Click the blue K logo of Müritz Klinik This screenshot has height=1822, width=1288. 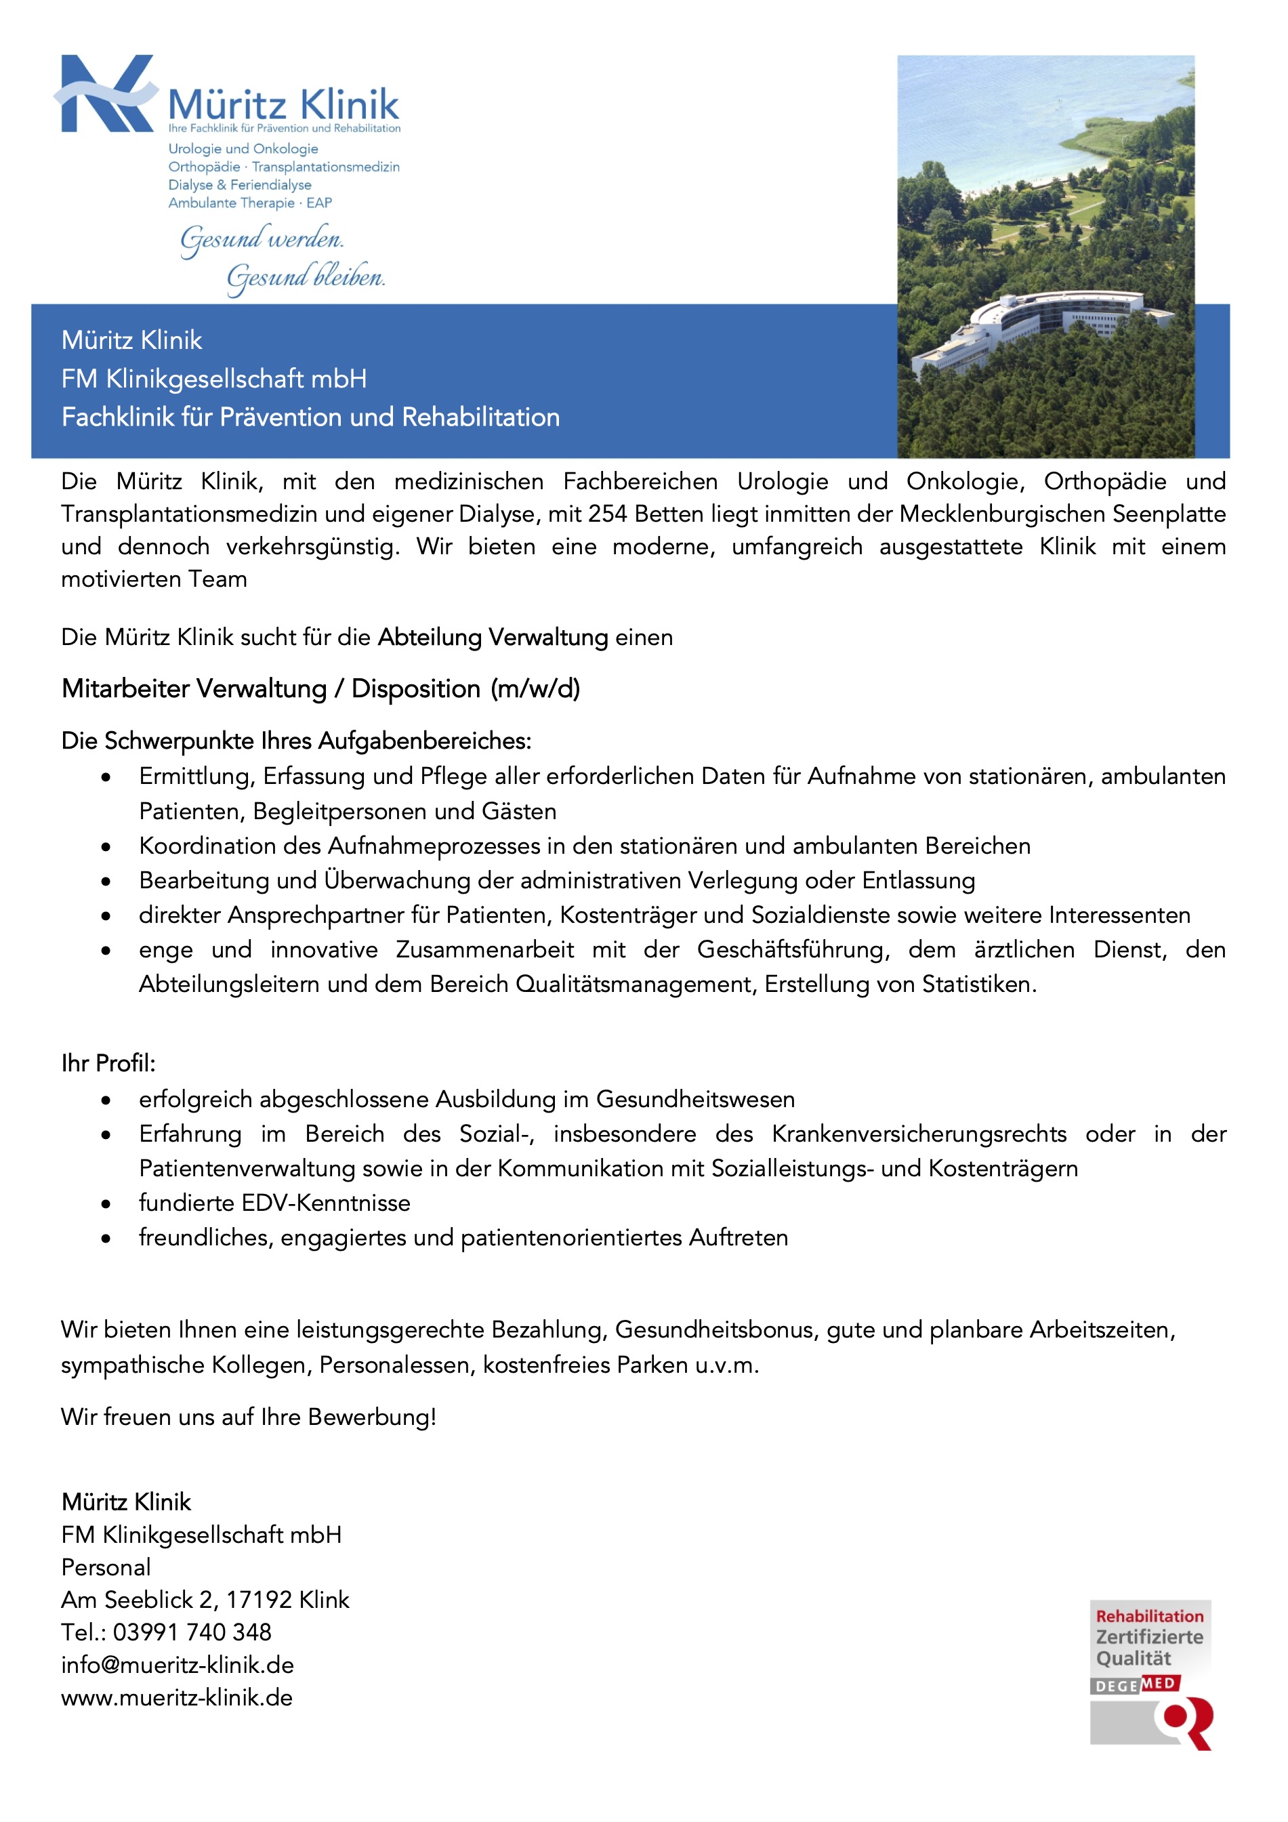(105, 94)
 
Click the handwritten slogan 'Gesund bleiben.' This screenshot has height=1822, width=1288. (306, 278)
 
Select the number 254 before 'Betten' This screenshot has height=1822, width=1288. (607, 514)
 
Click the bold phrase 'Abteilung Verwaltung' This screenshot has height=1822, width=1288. (492, 637)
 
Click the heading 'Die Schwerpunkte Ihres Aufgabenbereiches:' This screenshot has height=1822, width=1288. (296, 741)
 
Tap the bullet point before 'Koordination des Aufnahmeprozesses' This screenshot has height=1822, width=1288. (106, 848)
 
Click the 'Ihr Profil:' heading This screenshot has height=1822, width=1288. (108, 1063)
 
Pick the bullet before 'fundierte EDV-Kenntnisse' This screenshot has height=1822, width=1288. (106, 1204)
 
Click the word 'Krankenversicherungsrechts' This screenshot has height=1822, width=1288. (919, 1134)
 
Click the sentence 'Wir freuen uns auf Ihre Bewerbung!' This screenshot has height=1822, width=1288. (249, 1417)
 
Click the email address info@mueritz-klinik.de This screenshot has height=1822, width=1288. (177, 1665)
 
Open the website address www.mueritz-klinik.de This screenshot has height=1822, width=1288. (177, 1697)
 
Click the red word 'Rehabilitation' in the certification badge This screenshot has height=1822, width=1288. (1149, 1617)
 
